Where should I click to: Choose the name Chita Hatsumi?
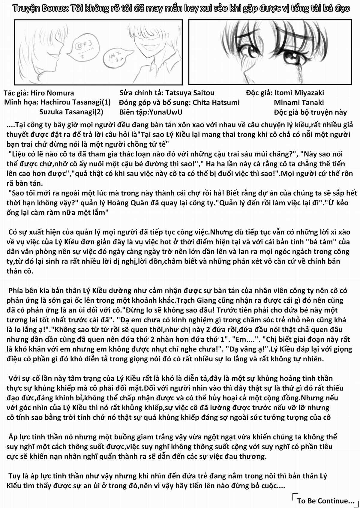click(x=216, y=103)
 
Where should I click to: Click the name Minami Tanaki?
click(x=299, y=103)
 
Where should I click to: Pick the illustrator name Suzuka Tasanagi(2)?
click(x=71, y=112)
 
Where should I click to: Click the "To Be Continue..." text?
click(x=325, y=501)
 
